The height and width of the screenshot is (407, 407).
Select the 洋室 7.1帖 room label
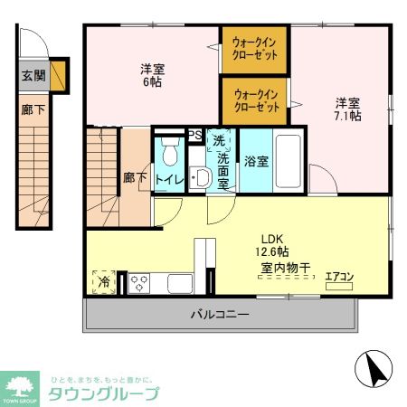tap(348, 109)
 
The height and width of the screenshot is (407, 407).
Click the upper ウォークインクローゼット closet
tap(255, 49)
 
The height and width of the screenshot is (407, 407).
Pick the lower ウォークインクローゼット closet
tap(256, 99)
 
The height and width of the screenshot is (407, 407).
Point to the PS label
tap(194, 136)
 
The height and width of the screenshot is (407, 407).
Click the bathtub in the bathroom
tap(289, 161)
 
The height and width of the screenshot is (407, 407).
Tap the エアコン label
tap(339, 276)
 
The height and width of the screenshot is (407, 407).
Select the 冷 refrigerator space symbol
tap(103, 282)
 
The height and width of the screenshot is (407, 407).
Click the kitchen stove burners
tap(140, 282)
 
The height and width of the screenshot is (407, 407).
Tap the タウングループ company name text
tap(102, 393)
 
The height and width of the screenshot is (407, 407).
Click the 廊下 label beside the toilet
tap(134, 178)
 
